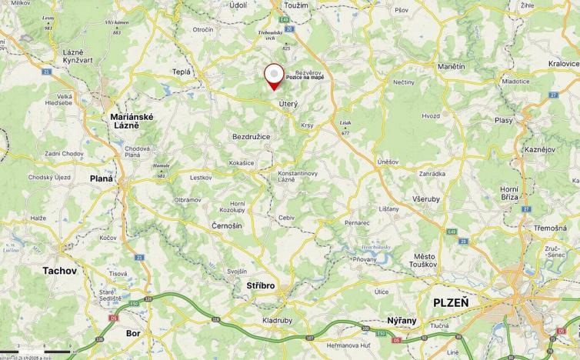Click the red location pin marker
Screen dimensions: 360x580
[x=273, y=76]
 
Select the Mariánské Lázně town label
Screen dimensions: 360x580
[x=132, y=121]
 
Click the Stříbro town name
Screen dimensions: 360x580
[x=260, y=286]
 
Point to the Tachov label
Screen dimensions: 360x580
[x=59, y=271]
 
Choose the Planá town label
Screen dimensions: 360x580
[x=101, y=178]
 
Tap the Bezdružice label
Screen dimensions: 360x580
[x=251, y=136]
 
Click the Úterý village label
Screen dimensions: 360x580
[x=288, y=102]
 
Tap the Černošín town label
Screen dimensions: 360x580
[x=227, y=225]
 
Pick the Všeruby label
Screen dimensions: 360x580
[x=425, y=198]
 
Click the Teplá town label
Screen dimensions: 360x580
[x=182, y=72]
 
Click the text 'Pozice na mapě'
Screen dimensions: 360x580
[x=305, y=78]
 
